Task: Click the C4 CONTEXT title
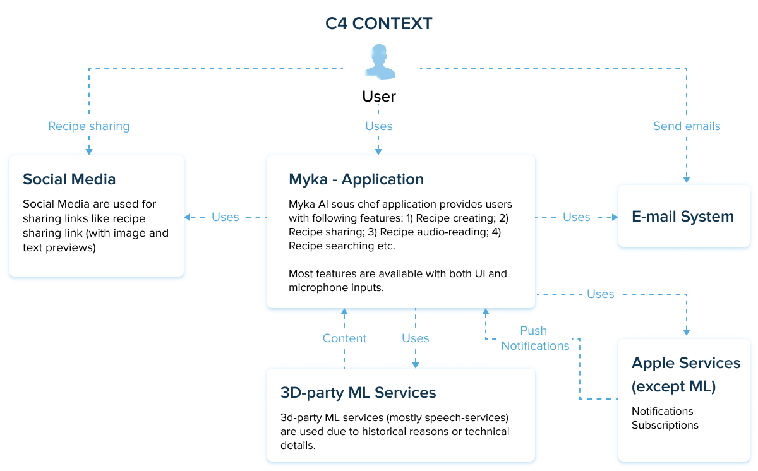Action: (378, 24)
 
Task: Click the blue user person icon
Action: (379, 62)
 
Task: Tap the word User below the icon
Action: (379, 97)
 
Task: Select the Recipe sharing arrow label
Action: (89, 126)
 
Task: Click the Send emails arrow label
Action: (687, 126)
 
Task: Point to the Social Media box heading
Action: (69, 179)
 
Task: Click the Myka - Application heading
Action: (356, 179)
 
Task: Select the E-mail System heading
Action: (683, 217)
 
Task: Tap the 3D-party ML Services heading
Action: (358, 393)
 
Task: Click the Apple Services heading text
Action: (686, 363)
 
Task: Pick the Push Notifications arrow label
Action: (535, 338)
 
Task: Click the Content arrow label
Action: (344, 338)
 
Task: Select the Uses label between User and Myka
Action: (379, 126)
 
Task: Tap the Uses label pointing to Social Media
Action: (226, 217)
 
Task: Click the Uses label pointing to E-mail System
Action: (576, 217)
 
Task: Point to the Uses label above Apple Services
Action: (600, 294)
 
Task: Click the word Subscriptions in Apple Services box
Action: (665, 425)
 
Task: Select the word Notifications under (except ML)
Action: (663, 411)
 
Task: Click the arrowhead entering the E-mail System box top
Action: (687, 180)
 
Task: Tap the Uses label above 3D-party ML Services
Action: (416, 338)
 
